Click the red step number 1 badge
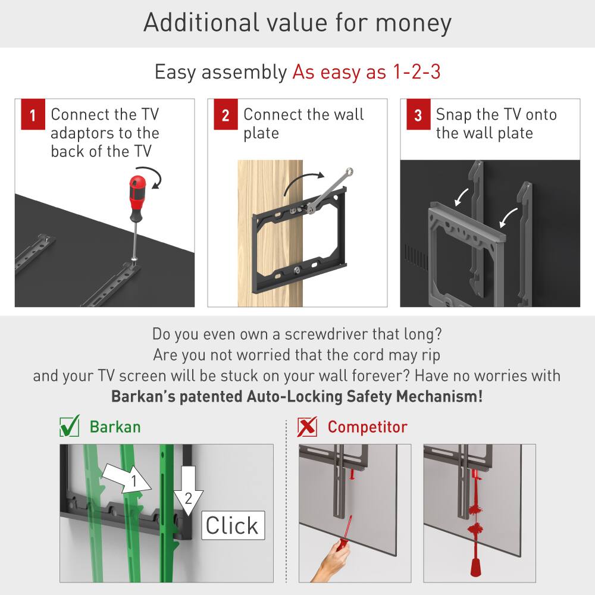pos(33,115)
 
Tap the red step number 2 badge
pos(226,115)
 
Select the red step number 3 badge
pos(418,115)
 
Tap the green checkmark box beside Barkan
pos(70,427)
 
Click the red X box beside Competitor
pos(307,427)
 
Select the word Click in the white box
pos(232,525)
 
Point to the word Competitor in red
pos(367,427)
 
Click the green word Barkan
pos(115,427)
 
